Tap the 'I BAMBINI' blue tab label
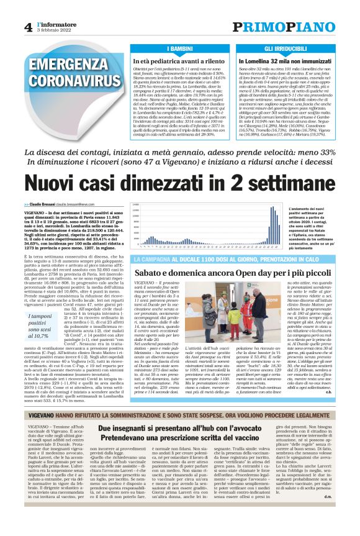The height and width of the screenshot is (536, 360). [179, 48]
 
